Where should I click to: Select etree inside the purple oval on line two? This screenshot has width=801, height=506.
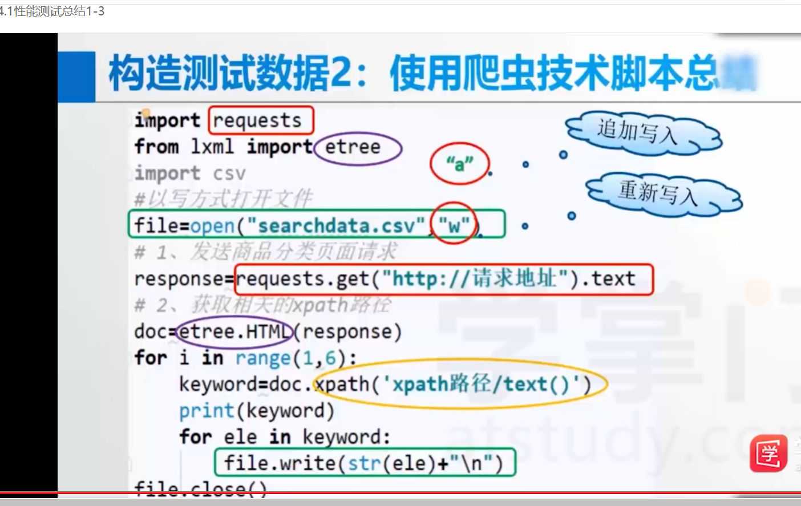coord(353,147)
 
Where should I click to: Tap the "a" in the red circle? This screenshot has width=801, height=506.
coord(459,164)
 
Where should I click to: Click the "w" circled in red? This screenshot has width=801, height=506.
coord(454,225)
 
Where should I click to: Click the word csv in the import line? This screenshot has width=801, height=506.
coord(229,173)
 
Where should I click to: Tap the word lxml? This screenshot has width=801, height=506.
coord(212,147)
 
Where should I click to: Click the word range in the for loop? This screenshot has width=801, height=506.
coord(262,358)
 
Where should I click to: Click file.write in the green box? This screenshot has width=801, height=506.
coord(280,463)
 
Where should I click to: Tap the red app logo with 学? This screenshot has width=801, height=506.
coord(768,454)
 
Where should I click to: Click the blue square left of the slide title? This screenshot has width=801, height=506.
coord(76,76)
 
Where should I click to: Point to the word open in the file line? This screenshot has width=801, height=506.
coord(212,226)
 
